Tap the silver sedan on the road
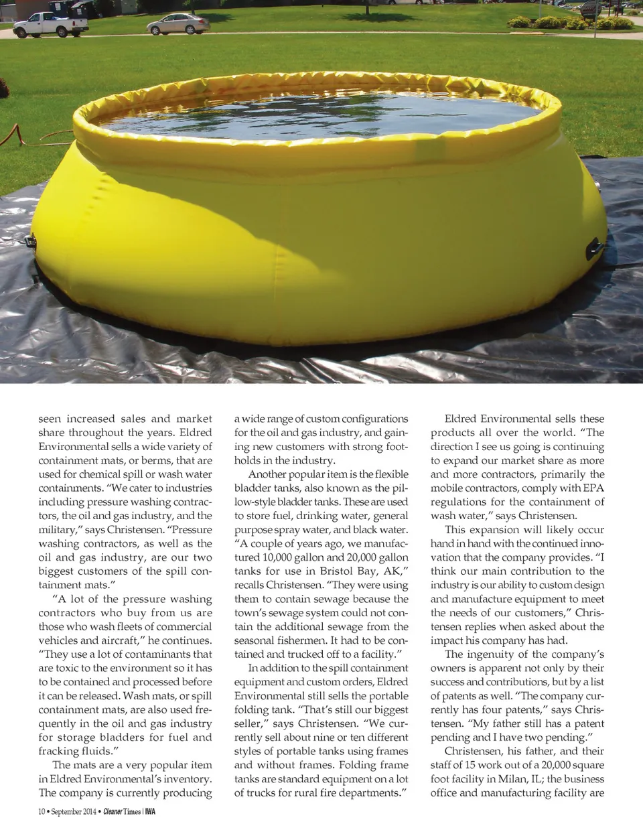click(x=177, y=24)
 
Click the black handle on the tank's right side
click(x=593, y=249)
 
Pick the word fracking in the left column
click(x=61, y=751)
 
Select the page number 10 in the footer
click(x=41, y=812)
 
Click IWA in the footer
click(x=151, y=812)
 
